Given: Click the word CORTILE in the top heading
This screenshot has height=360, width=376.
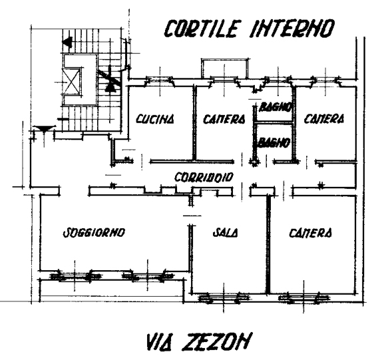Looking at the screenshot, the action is (202, 29).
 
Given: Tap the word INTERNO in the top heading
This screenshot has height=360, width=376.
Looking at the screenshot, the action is (292, 29).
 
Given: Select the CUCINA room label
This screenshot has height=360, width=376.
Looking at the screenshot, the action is (155, 119).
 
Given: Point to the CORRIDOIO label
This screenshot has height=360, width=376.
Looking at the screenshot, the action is (204, 177).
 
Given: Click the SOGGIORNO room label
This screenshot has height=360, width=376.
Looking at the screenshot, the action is (94, 232).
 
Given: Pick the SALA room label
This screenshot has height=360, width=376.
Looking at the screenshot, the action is (226, 232).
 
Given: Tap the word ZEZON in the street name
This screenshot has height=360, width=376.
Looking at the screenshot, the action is (216, 341).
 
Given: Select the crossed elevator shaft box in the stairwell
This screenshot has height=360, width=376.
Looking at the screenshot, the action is (71, 82).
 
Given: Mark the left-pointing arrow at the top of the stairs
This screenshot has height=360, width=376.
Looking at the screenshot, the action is (67, 42).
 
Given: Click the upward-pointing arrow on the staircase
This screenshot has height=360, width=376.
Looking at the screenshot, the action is (110, 79).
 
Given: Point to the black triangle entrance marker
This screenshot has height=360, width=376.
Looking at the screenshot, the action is (44, 129).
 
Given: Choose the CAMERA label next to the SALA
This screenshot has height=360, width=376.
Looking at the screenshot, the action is (310, 232).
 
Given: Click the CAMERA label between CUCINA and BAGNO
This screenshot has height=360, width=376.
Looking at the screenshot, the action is (224, 119).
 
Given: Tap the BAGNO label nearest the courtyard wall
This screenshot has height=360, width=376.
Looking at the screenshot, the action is (276, 107).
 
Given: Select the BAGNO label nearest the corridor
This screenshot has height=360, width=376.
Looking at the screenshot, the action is (274, 143).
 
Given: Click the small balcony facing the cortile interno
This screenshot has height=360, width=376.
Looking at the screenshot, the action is (225, 69).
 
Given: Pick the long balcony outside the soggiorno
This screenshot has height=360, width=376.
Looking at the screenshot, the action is (112, 290).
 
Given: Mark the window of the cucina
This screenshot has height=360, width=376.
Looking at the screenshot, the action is (160, 81).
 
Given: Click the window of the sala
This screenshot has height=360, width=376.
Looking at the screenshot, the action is (224, 298).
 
